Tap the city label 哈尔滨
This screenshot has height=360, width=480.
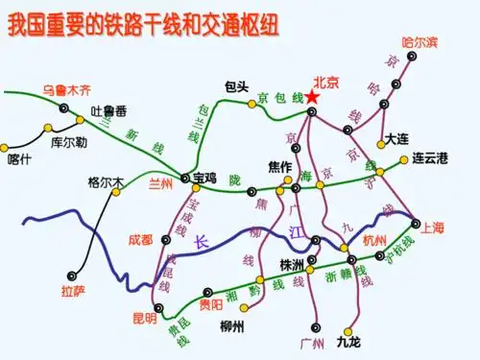coord(420,41)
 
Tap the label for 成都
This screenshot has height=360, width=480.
coord(140,239)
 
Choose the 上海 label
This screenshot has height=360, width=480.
coord(434,228)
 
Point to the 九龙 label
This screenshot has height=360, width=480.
coord(348,341)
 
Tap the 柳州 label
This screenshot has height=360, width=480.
coord(231,325)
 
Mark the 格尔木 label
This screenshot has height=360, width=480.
coord(106,181)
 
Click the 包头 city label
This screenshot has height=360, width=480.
coord(237,84)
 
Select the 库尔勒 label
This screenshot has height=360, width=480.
coord(69,141)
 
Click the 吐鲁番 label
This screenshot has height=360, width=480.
coord(109,110)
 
